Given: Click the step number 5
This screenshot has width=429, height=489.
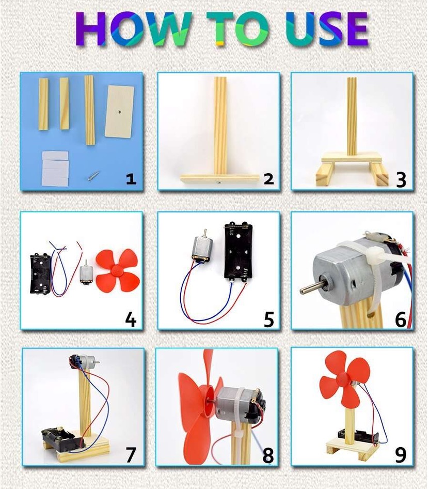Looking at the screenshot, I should [268, 319].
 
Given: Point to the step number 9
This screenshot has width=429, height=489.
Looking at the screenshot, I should [400, 454].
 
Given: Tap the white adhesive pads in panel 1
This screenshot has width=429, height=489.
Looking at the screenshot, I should [55, 168].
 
